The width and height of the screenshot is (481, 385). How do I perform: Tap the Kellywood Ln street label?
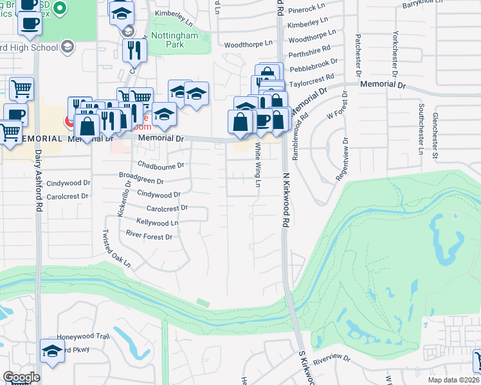[152, 223]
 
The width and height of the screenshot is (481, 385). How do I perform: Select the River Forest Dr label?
[149, 237]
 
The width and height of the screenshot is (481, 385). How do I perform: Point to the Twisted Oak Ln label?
[117, 250]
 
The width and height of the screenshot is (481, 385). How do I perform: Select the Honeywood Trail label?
[84, 336]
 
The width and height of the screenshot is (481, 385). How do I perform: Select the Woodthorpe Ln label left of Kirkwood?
[248, 45]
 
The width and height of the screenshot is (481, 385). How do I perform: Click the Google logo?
[22, 377]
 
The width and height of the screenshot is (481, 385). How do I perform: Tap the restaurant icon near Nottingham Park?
[134, 50]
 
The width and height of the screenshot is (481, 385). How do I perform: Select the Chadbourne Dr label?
[161, 165]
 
